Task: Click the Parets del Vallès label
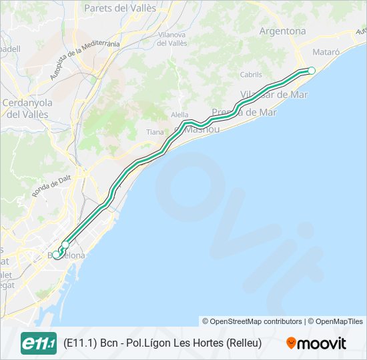[120, 9]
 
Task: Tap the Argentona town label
[282, 31]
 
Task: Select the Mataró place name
[326, 51]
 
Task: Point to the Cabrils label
[251, 75]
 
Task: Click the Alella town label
[179, 115]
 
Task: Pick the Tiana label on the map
[155, 132]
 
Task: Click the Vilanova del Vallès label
[171, 39]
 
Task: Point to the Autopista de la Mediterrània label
[84, 61]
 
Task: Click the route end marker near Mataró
[312, 70]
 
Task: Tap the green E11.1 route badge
[39, 343]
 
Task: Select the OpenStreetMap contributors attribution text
[252, 321]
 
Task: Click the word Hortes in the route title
[206, 343]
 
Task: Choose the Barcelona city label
[67, 255]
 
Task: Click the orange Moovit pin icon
[291, 343]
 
